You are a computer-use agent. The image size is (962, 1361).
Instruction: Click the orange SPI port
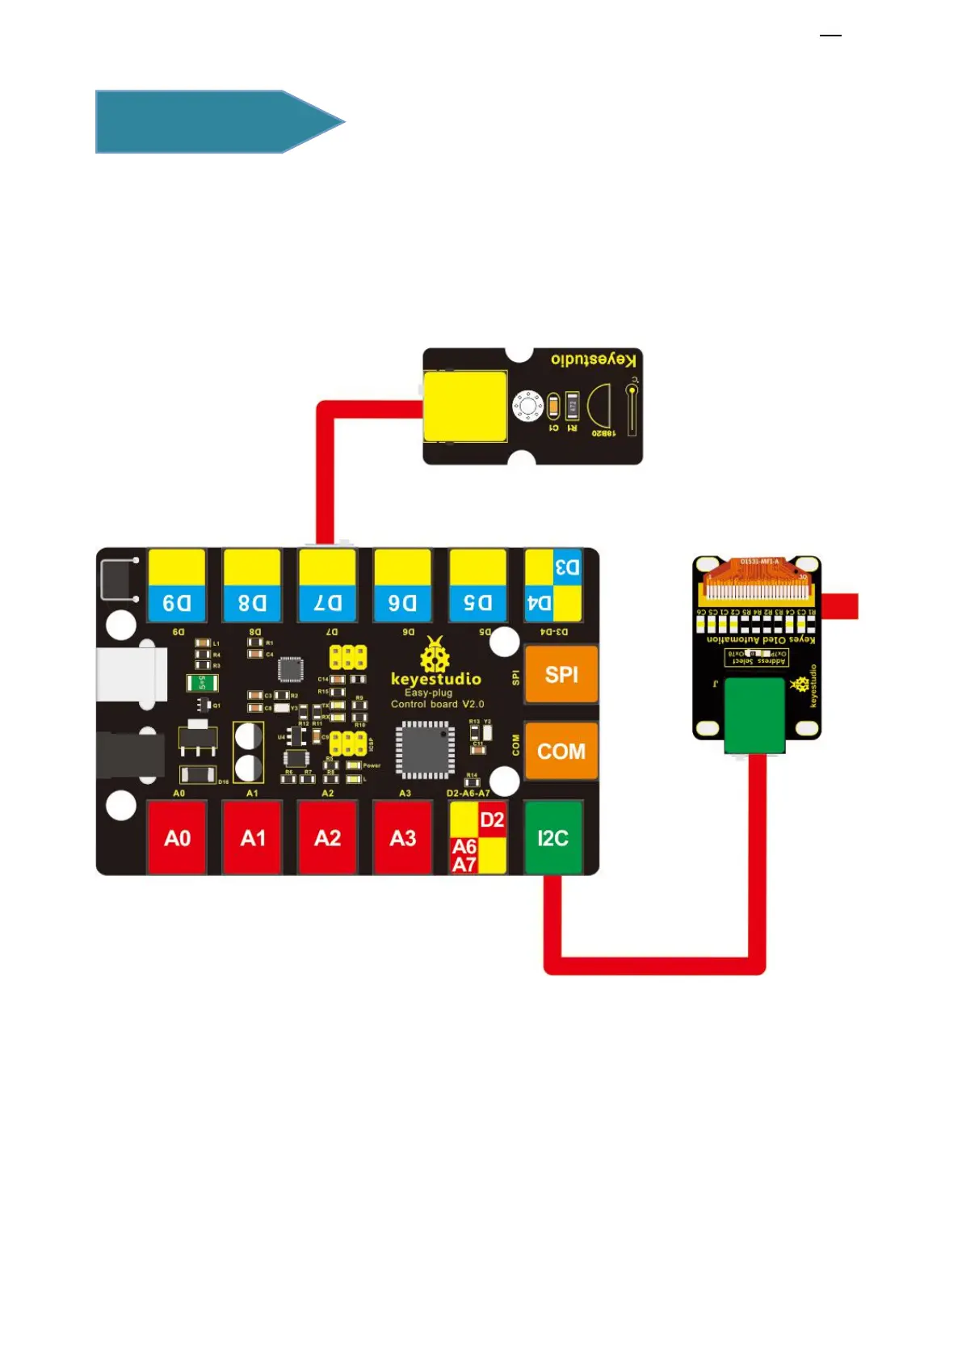pos(561,674)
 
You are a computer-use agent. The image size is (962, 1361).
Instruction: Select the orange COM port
pos(561,751)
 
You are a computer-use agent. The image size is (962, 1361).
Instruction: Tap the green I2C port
pos(553,837)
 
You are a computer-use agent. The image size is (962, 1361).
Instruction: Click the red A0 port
pos(177,837)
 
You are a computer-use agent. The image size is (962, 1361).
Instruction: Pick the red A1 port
pos(253,837)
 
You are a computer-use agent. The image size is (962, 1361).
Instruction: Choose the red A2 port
pos(328,837)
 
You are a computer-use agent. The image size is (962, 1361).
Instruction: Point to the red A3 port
pos(403,837)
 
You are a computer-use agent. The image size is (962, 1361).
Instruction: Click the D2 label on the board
pos(492,820)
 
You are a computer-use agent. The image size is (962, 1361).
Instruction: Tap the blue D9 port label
pos(177,603)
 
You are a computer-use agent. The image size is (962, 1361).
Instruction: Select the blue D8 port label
pos(252,603)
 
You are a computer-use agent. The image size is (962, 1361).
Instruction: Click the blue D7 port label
pos(328,603)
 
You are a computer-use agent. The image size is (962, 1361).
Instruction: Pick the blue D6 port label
pos(402,603)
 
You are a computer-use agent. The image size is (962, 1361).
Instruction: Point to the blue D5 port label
pos(477,603)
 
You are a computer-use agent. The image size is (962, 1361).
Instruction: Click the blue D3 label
pos(567,567)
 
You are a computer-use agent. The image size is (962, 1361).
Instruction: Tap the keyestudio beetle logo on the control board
pos(435,655)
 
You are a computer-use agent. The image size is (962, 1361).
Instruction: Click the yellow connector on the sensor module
pos(465,406)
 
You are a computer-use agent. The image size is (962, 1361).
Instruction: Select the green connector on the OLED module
pos(754,715)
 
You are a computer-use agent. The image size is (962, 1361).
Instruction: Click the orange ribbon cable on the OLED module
pos(756,577)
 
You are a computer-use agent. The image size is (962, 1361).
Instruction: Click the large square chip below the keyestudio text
pos(424,750)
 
